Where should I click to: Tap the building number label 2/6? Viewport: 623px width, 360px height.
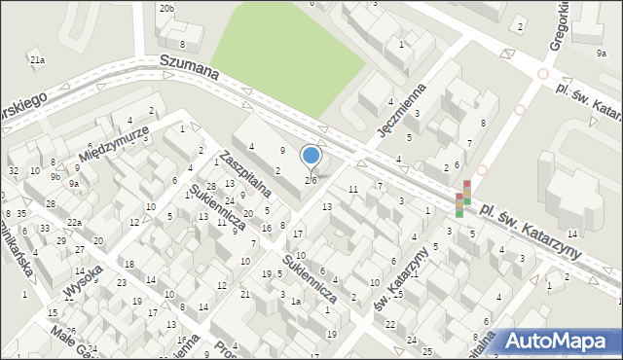pos(311,180)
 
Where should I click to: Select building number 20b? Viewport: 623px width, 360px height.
pos(167,9)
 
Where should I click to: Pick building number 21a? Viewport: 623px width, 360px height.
pos(37,61)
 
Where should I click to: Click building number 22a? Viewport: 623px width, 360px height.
pos(75,223)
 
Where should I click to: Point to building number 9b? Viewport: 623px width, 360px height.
pos(56,177)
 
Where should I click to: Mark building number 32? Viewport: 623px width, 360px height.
pos(14,171)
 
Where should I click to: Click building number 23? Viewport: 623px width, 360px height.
pos(122,283)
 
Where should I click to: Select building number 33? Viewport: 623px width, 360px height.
pos(44,229)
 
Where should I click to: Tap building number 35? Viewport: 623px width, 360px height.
pos(20,213)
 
